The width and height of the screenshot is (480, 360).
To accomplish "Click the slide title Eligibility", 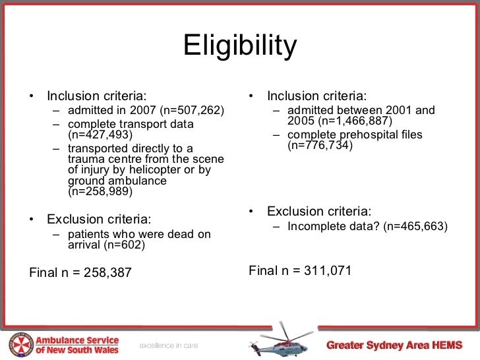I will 240,47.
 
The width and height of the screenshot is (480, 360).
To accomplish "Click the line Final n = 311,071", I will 300,270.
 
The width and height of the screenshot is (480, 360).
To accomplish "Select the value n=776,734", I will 320,146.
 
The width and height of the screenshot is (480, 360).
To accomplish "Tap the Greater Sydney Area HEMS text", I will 394,345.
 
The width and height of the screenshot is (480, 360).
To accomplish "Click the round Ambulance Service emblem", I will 20,344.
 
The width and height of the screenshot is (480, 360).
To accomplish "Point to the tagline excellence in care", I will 168,345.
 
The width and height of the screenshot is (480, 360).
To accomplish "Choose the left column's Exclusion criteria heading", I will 99,219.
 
